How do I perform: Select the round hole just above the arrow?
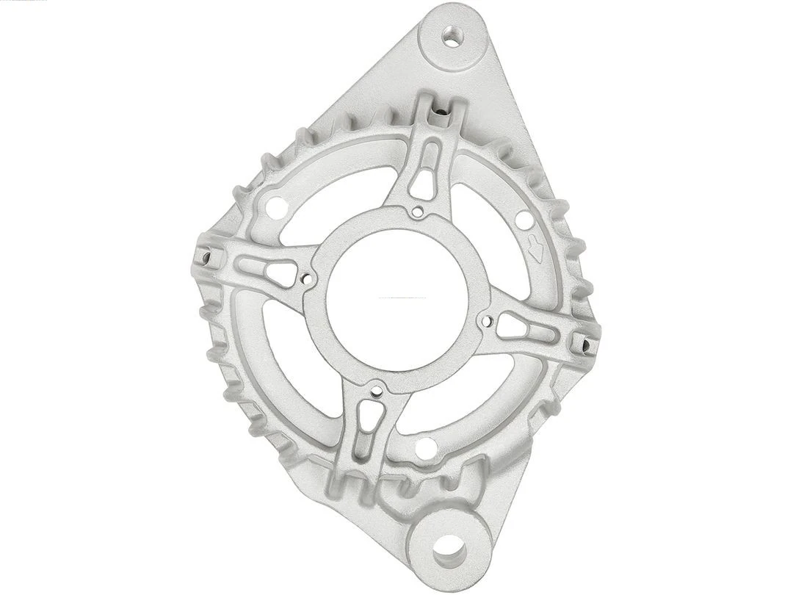523,219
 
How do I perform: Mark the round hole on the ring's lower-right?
426,447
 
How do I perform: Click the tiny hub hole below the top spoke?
417,214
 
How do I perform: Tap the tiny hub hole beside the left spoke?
307,279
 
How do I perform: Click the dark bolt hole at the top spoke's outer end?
441,113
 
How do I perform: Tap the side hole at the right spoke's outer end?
585,342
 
